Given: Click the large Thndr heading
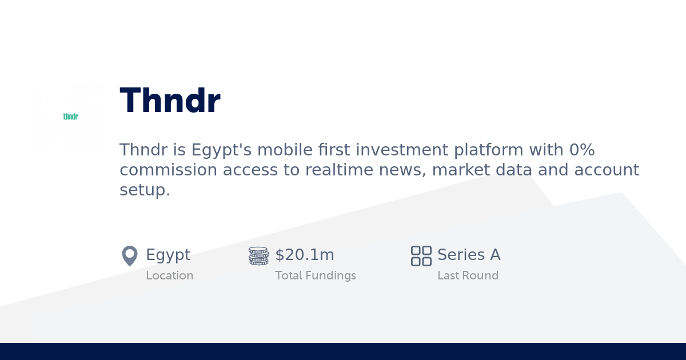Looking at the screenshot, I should tap(170, 101).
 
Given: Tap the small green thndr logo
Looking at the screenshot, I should tap(70, 117).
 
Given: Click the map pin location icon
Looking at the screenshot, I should tap(130, 255).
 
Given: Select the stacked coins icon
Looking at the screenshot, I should tap(258, 255).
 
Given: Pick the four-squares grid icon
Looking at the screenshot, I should tap(421, 255).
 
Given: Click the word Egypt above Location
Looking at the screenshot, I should tap(168, 255).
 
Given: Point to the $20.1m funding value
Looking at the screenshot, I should tap(305, 255).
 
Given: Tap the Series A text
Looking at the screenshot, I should tap(469, 255).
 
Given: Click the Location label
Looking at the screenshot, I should tap(169, 275).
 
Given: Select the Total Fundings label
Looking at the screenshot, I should tap(315, 275).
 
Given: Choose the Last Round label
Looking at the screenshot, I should tap(468, 275).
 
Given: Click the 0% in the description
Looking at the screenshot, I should tap(582, 150).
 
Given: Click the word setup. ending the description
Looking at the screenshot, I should tap(145, 190).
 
